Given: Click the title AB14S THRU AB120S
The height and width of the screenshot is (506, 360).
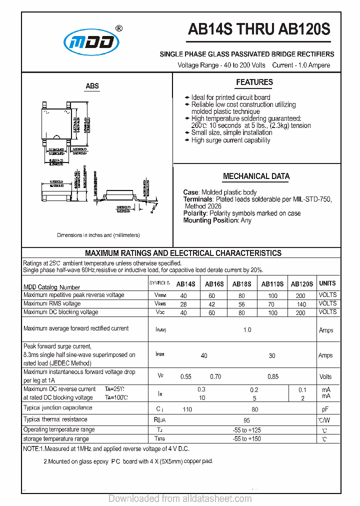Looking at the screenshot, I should (259, 29).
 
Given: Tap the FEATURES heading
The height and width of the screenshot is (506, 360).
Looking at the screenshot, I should (254, 82).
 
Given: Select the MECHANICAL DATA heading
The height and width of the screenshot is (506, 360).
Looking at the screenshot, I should (256, 176).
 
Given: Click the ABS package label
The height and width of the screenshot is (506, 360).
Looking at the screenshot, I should (92, 86).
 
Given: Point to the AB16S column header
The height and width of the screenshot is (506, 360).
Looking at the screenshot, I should (214, 284).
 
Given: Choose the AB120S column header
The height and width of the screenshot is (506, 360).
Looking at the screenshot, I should (301, 284).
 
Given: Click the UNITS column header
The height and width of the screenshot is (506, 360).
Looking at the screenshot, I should (327, 283).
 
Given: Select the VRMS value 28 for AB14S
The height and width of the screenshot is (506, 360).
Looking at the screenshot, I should (183, 304).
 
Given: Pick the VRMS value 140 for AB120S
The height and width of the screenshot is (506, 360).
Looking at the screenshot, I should (301, 304).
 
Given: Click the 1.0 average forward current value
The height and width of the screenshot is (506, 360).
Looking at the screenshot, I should (247, 330).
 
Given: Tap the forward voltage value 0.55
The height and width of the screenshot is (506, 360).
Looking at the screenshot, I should (186, 376).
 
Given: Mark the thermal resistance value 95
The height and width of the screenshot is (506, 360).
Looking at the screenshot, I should (247, 420).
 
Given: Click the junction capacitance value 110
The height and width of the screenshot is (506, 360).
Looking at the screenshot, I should (187, 409).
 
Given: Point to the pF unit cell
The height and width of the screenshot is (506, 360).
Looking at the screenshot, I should (325, 409).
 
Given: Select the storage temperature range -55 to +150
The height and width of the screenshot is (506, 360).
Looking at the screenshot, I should (246, 439).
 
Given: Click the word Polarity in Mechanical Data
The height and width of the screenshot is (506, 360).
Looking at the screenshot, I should (195, 213).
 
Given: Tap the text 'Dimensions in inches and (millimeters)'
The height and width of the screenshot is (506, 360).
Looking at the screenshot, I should (98, 235).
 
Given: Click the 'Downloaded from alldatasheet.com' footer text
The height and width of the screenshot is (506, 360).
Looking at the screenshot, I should (180, 498).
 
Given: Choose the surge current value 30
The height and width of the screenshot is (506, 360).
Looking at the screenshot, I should (271, 355).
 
